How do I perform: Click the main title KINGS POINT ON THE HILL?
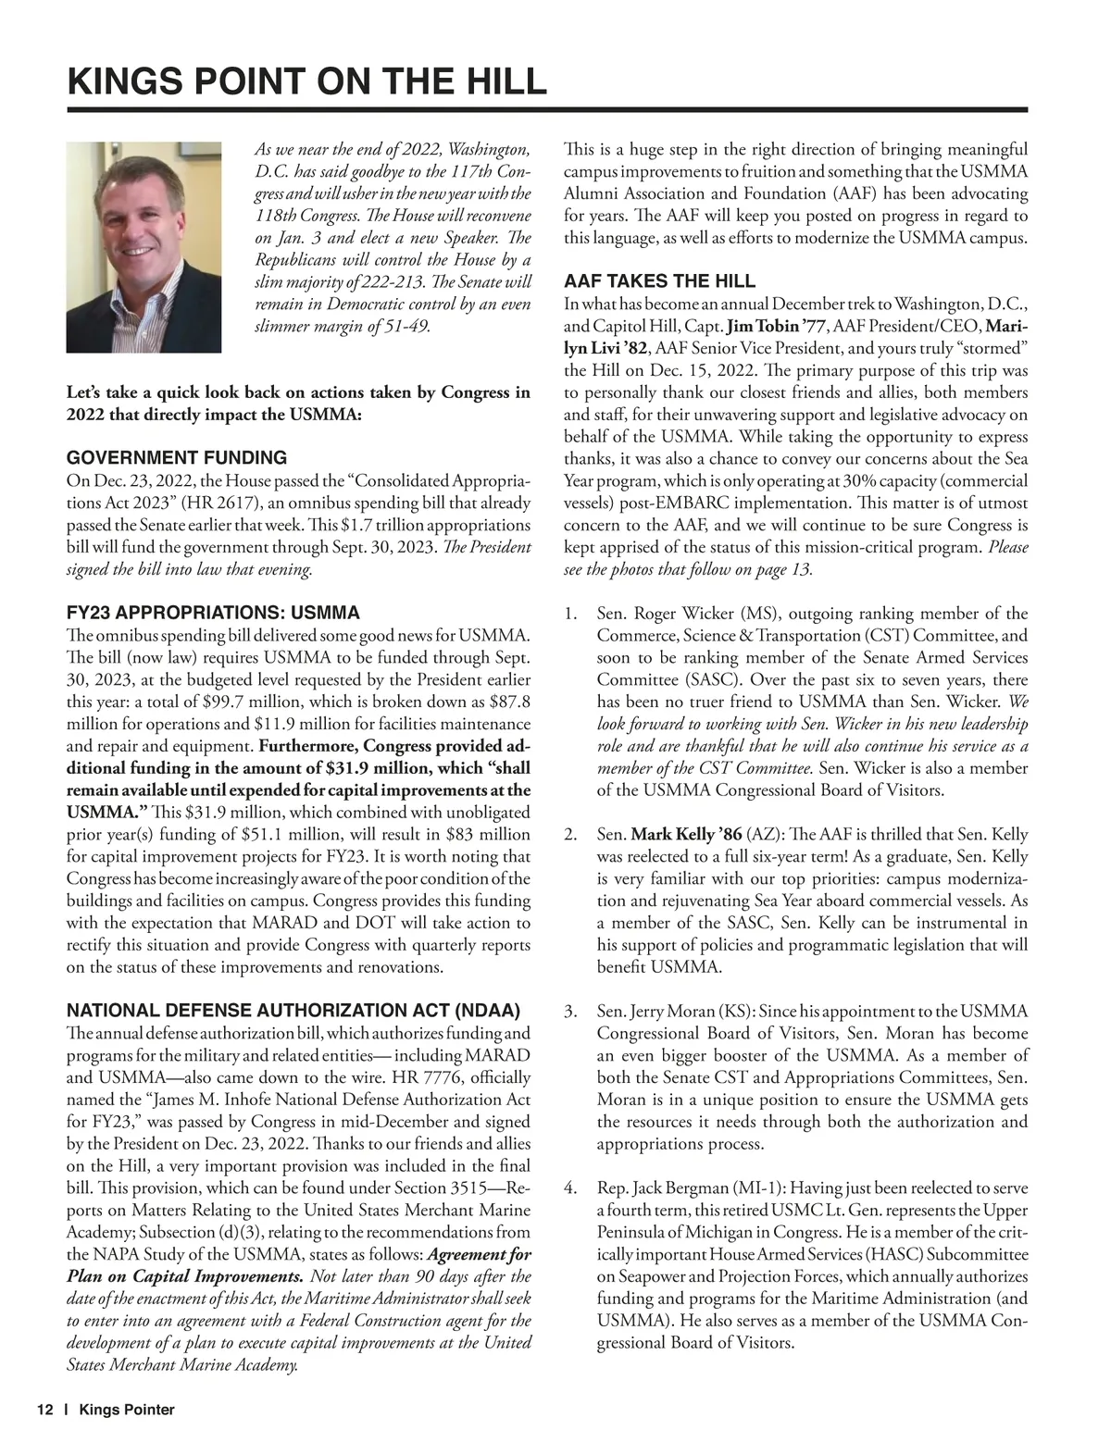point(306,81)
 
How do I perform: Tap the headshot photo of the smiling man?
point(144,247)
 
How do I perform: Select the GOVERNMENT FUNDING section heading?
point(177,457)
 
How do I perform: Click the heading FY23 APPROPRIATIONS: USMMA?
point(213,613)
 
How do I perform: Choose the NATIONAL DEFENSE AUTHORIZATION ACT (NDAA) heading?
point(293,1011)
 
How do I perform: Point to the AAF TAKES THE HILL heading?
point(659,281)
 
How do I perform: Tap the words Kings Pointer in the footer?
point(127,1410)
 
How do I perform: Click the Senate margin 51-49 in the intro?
point(404,327)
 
